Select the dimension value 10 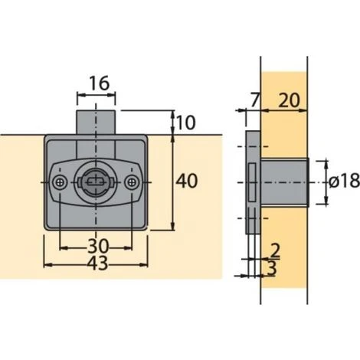186,122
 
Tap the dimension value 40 186,181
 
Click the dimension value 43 97,262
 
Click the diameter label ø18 342,182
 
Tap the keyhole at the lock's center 97,182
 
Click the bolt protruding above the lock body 97,123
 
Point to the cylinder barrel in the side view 284,182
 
